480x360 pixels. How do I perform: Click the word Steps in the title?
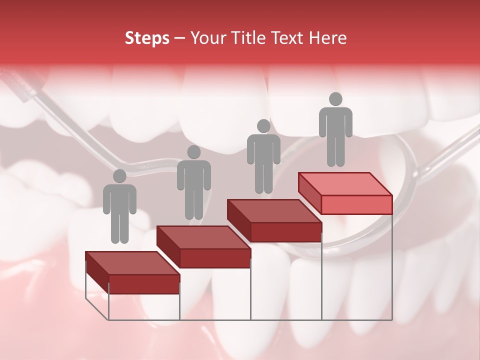[x=147, y=38]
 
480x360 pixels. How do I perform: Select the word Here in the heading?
[x=327, y=38]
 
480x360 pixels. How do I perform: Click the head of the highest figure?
[x=335, y=99]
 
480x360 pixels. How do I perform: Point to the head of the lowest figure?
[x=119, y=176]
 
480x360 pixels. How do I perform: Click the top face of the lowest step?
[x=132, y=263]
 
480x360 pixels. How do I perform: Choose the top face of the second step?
[x=203, y=237]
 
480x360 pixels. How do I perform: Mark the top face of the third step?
[x=274, y=211]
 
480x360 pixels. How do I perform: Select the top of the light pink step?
[x=345, y=184]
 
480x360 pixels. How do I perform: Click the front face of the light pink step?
[x=356, y=204]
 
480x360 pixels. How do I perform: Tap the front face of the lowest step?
[x=144, y=284]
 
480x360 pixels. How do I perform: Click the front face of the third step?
[x=285, y=231]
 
